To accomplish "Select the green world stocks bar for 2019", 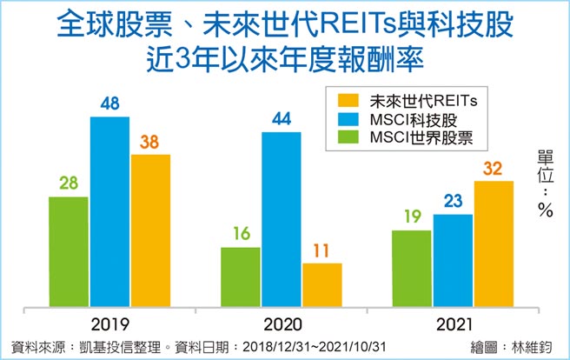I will (68, 251).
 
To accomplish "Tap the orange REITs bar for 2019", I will (150, 230).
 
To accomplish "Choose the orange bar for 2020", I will (321, 284).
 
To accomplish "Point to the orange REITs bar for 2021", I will (494, 243).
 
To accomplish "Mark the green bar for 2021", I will (411, 268).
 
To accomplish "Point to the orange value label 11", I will (321, 250).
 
